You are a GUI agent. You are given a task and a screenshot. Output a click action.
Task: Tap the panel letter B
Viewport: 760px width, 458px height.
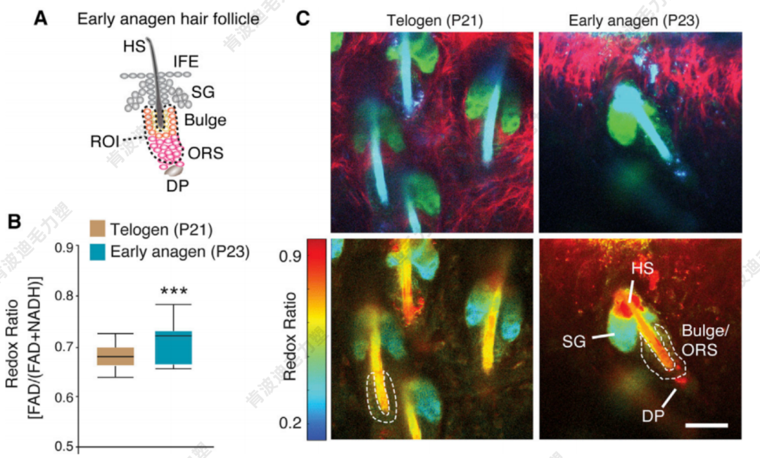(x=15, y=223)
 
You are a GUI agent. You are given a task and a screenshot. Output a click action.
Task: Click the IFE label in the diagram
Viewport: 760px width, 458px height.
(x=185, y=62)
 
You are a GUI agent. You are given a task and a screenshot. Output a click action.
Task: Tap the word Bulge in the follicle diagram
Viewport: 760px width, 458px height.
(x=205, y=120)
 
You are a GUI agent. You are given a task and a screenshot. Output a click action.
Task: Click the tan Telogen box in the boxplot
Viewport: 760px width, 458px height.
(x=115, y=357)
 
